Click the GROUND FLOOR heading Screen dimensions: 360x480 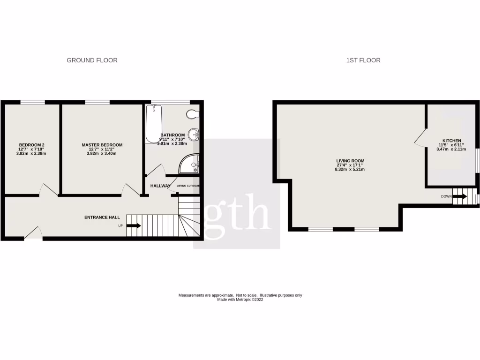(92, 60)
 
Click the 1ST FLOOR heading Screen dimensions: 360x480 (363, 60)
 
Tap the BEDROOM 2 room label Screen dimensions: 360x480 (32, 145)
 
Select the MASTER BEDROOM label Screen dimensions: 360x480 (102, 145)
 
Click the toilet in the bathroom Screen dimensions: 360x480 (193, 114)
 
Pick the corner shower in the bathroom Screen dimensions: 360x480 (190, 164)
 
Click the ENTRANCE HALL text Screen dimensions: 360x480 (102, 217)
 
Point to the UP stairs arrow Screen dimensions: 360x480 (134, 226)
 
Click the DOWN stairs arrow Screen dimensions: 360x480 (460, 196)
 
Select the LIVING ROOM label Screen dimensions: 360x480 (350, 161)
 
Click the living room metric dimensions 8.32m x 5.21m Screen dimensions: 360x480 (350, 169)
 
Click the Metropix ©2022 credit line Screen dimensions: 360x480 (240, 300)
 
